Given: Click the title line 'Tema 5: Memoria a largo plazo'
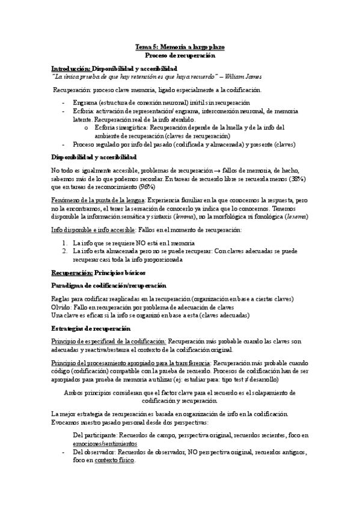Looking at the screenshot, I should [180, 46].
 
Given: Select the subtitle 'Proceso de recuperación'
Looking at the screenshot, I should [180, 55].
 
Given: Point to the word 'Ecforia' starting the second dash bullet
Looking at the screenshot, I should [83, 112].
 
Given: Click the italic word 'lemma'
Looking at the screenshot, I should [192, 216].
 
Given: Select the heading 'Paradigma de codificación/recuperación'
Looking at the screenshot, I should [109, 284].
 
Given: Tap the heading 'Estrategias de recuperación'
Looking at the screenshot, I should [91, 330].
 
